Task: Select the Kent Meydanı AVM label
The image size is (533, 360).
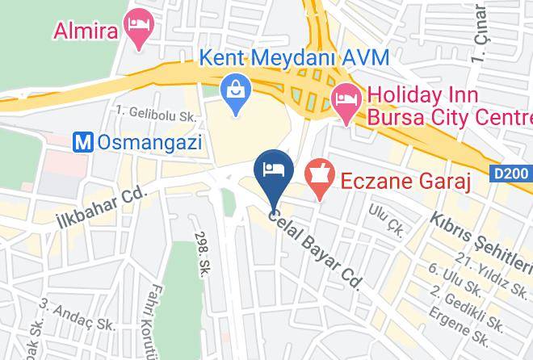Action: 295,57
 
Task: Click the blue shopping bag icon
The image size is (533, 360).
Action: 237,95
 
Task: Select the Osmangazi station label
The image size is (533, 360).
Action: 149,142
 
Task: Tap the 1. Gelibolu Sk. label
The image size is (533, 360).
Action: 156,115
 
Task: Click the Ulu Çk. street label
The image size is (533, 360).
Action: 384,216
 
